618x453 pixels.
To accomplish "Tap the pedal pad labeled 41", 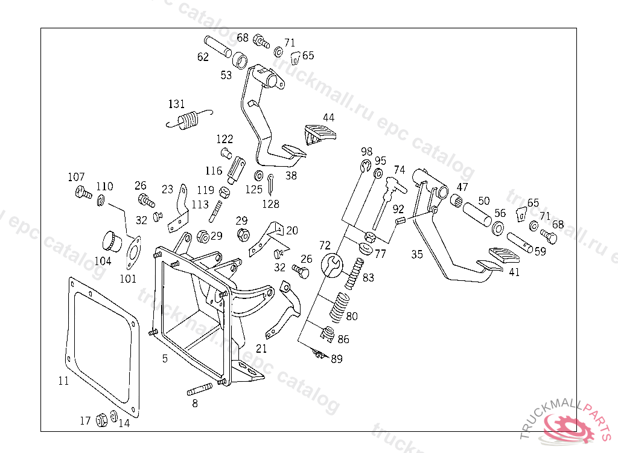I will click(496, 256).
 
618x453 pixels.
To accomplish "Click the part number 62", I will click(203, 57).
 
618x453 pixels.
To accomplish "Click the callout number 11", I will click(63, 381).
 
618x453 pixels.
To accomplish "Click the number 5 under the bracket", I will click(165, 359).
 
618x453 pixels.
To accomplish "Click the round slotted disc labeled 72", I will click(331, 265).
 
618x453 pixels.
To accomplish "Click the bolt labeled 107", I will click(82, 193).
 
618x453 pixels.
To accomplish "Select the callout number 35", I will click(417, 254).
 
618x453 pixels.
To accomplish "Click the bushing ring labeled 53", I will click(240, 60).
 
